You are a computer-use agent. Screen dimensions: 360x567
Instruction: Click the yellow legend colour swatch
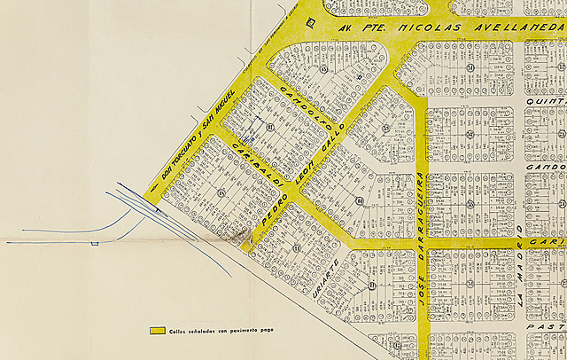pyautogui.click(x=159, y=331)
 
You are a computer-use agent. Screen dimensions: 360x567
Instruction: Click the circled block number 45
pyautogui.click(x=221, y=192)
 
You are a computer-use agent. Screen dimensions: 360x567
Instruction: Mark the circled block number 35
pyautogui.click(x=386, y=128)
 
